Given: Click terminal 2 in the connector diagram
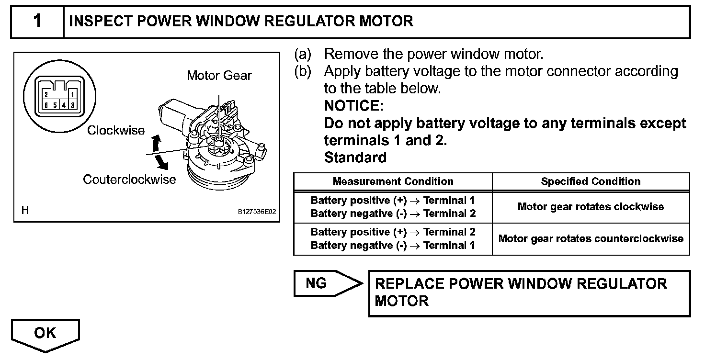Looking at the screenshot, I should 46,95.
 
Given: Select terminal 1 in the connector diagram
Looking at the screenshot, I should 72,95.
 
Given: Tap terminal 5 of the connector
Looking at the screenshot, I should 55,104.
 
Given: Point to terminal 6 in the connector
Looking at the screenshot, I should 46,104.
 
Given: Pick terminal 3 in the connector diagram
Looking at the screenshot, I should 72,104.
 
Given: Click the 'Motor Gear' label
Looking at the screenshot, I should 219,76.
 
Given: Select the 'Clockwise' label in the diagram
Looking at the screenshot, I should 115,130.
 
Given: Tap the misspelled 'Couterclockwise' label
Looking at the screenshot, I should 129,180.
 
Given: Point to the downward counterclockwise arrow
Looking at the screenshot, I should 163,164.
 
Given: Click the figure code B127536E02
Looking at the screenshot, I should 257,211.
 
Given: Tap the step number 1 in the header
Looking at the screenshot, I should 37,22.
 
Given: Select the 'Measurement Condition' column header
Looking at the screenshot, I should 393,181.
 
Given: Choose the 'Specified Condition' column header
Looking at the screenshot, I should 591,181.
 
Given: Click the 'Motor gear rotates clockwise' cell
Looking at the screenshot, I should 591,207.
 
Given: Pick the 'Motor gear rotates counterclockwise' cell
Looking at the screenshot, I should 591,238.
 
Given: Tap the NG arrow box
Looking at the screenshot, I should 326,283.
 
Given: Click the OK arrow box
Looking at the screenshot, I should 45,334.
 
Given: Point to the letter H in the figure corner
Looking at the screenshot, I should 25,210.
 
